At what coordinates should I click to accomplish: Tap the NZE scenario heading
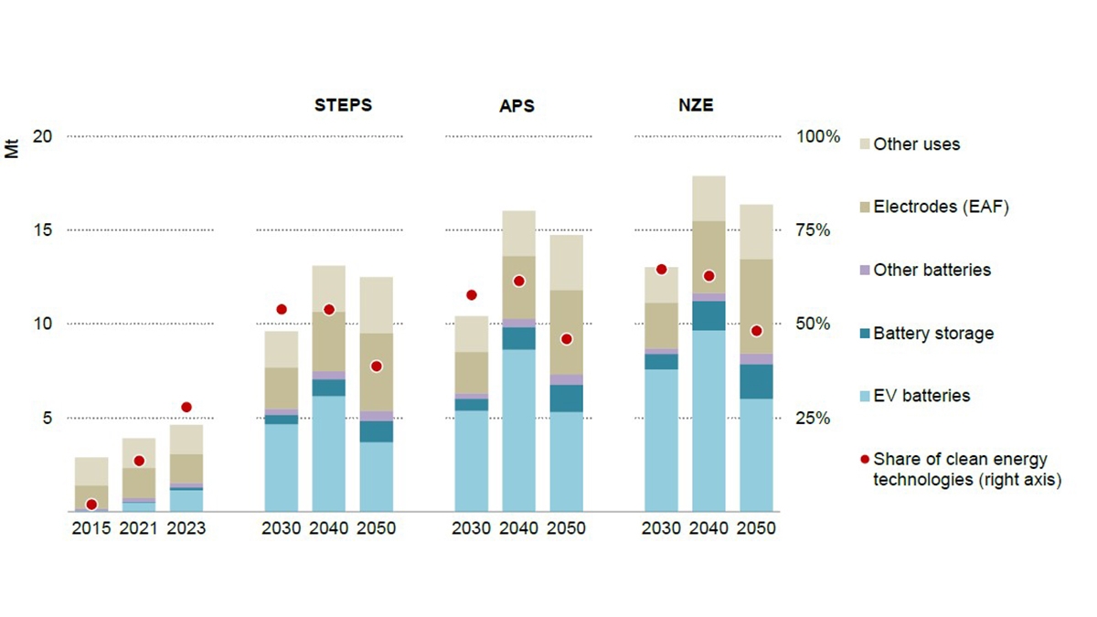point(691,104)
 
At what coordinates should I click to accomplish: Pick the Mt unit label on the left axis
point(12,147)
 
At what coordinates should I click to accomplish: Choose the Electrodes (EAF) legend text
point(941,207)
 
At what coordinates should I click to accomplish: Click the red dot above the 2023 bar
point(186,407)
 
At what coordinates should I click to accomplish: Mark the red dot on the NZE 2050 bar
point(756,331)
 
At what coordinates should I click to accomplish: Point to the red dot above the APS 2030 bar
point(472,295)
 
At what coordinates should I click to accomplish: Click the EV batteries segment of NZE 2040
point(708,420)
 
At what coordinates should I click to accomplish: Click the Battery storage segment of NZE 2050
point(756,381)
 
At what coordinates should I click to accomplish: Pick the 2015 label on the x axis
point(91,529)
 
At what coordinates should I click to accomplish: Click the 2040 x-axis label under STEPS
point(329,529)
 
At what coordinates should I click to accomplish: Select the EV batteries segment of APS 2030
point(472,461)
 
